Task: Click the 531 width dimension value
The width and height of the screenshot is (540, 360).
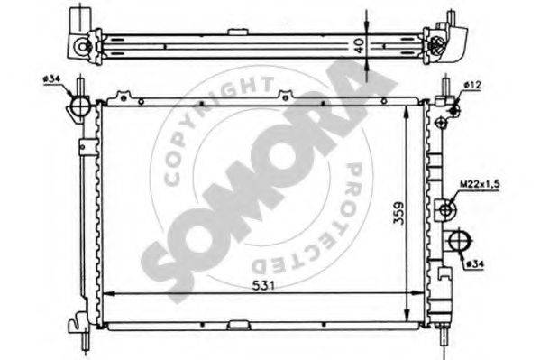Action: pyautogui.click(x=263, y=285)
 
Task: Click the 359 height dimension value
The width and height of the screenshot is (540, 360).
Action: pyautogui.click(x=398, y=214)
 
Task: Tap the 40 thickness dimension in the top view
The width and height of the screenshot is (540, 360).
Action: pyautogui.click(x=359, y=45)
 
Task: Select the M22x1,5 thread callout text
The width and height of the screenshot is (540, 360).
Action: pyautogui.click(x=480, y=184)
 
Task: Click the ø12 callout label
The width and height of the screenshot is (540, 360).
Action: pyautogui.click(x=472, y=85)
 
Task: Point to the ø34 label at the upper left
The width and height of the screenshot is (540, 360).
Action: pyautogui.click(x=51, y=79)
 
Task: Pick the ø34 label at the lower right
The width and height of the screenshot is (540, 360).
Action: pyautogui.click(x=475, y=264)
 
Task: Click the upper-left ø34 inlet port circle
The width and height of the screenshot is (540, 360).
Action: pyautogui.click(x=79, y=106)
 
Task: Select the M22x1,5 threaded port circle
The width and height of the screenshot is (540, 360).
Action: pyautogui.click(x=446, y=209)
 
